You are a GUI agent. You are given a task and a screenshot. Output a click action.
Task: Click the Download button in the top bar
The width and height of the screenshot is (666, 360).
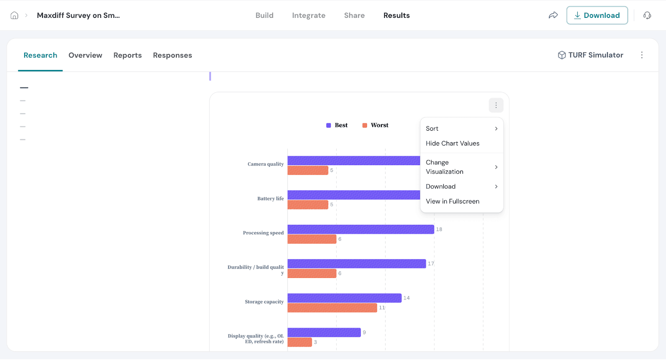pyautogui.click(x=597, y=15)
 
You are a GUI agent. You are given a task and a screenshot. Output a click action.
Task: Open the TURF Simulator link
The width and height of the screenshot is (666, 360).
pyautogui.click(x=591, y=55)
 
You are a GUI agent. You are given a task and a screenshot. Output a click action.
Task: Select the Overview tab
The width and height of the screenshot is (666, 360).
pyautogui.click(x=85, y=55)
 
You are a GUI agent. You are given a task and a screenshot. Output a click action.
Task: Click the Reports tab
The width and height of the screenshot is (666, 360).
pyautogui.click(x=127, y=55)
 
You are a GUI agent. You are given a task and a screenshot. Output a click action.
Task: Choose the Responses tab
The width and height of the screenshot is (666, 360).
pyautogui.click(x=172, y=55)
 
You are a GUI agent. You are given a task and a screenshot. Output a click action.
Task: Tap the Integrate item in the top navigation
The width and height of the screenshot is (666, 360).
pyautogui.click(x=308, y=15)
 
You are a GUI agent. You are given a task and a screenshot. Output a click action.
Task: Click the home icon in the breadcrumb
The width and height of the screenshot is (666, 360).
pyautogui.click(x=14, y=15)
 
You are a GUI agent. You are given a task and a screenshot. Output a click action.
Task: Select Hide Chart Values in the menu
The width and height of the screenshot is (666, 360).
pyautogui.click(x=452, y=143)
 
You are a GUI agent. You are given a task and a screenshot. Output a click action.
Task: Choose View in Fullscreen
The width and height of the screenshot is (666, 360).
pyautogui.click(x=452, y=201)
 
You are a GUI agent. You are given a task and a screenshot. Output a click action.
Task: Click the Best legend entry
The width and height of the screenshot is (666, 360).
pyautogui.click(x=337, y=125)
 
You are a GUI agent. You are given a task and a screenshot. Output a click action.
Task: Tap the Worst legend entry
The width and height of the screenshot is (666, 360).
pyautogui.click(x=375, y=125)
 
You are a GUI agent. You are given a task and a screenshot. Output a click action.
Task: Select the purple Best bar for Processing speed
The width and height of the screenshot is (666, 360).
pyautogui.click(x=360, y=229)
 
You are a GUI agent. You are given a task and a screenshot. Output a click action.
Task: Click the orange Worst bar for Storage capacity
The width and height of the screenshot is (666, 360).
pyautogui.click(x=332, y=308)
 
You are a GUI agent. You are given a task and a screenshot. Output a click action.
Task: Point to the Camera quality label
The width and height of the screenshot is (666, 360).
pyautogui.click(x=266, y=164)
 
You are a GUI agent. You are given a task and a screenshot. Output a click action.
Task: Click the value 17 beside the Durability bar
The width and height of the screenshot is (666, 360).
pyautogui.click(x=431, y=263)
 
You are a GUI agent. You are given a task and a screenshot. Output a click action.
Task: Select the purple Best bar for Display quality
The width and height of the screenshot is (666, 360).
pyautogui.click(x=324, y=333)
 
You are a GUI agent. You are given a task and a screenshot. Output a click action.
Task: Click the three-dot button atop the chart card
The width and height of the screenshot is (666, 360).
pyautogui.click(x=496, y=105)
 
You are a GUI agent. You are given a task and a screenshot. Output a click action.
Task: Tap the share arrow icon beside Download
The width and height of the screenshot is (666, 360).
pyautogui.click(x=553, y=15)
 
